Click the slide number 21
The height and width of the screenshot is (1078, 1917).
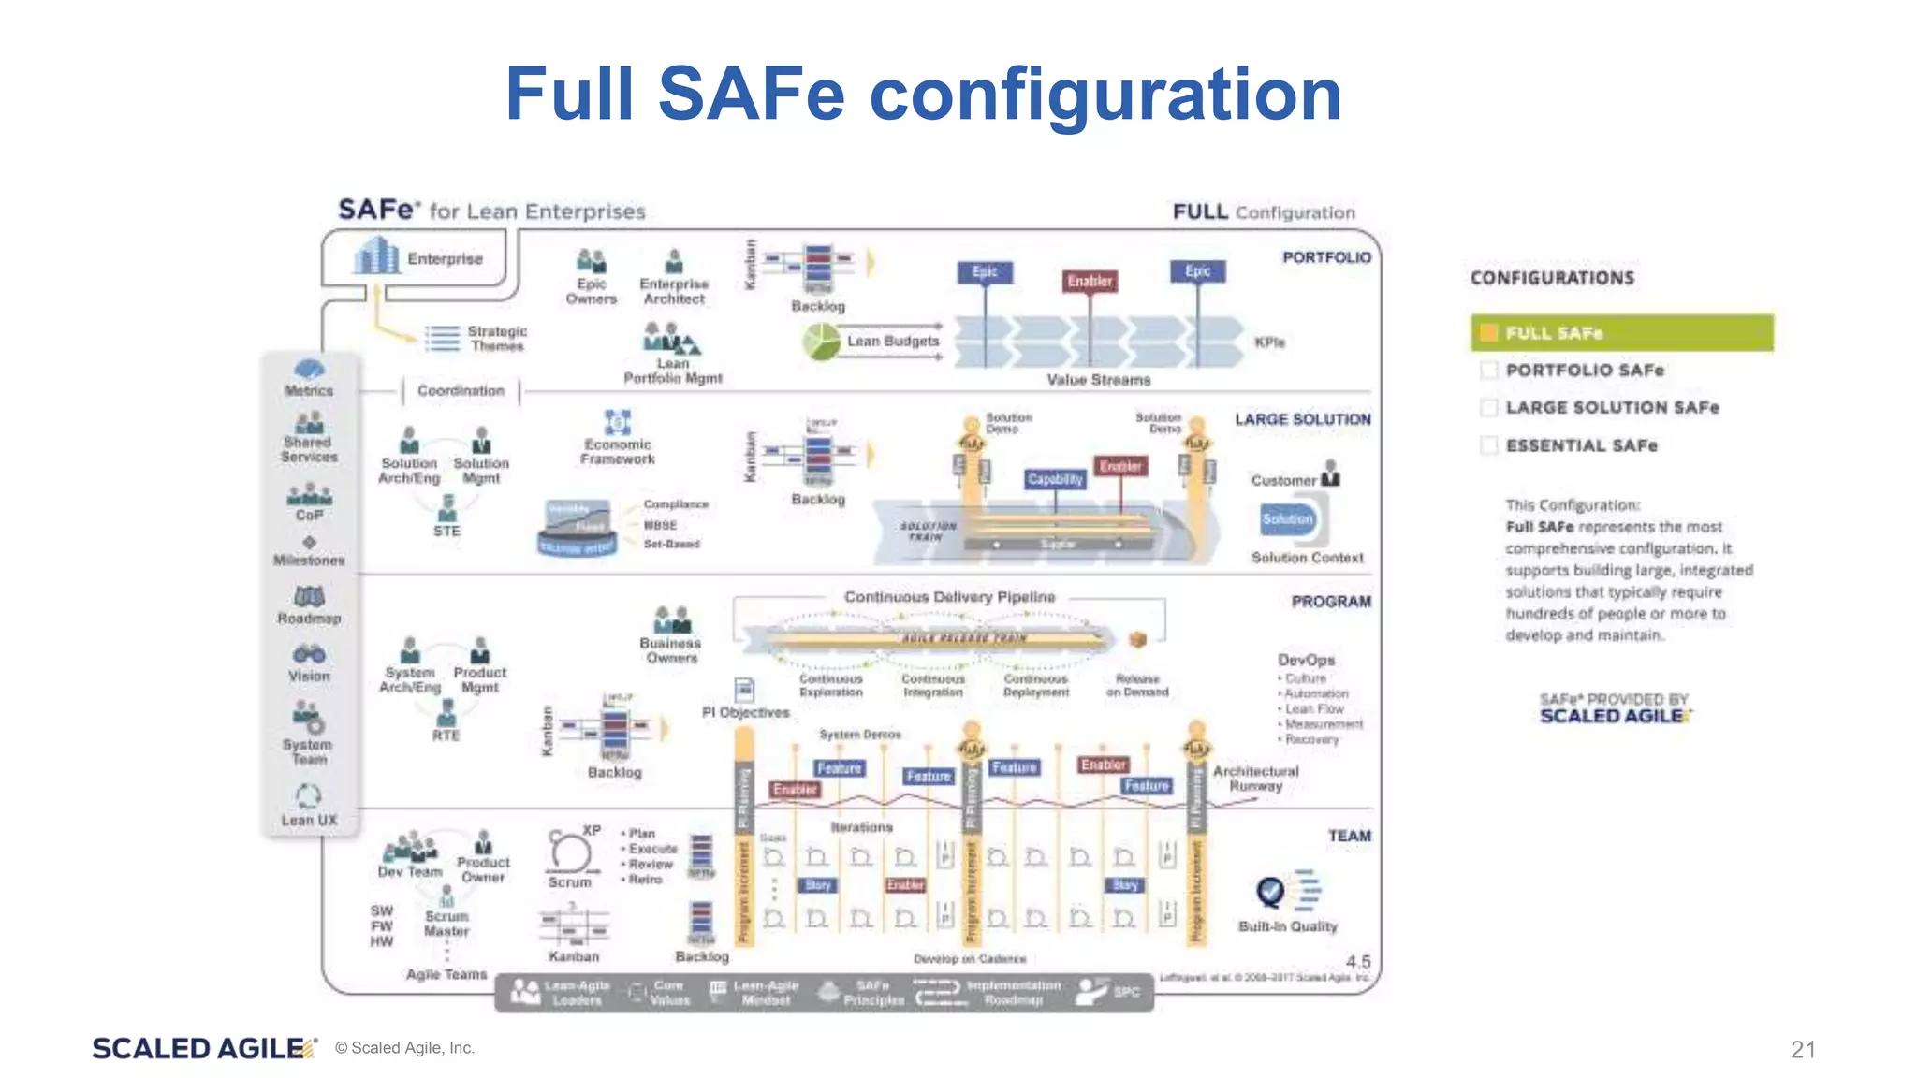[x=1803, y=1049]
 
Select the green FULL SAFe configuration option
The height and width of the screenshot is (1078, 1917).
[x=1621, y=333]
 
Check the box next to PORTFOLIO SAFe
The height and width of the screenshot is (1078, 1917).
[x=1488, y=371]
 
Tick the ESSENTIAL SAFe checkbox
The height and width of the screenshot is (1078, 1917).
[x=1488, y=445]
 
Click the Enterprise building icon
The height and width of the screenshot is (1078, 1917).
[x=377, y=255]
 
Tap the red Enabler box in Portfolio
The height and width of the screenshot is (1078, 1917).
[x=1090, y=281]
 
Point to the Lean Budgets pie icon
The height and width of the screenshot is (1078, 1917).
[x=822, y=342]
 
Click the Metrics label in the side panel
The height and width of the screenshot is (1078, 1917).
[x=309, y=391]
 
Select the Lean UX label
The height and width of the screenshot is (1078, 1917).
[x=309, y=821]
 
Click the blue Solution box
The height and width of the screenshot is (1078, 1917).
[x=1287, y=519]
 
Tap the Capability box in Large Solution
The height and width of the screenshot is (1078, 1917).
[x=1055, y=479]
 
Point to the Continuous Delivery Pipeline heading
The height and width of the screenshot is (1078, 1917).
[x=949, y=597]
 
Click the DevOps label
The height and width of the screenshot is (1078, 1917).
[x=1306, y=660]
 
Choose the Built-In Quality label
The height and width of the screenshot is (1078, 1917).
[x=1287, y=926]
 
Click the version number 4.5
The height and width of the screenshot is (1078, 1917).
[x=1358, y=962]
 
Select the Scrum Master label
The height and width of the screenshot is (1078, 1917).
[x=446, y=924]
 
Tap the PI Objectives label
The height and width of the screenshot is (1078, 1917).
[x=746, y=712]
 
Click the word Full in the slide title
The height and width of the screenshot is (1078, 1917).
[x=569, y=95]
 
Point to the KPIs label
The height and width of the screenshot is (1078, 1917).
[x=1269, y=342]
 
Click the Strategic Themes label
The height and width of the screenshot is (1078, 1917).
[x=497, y=339]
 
